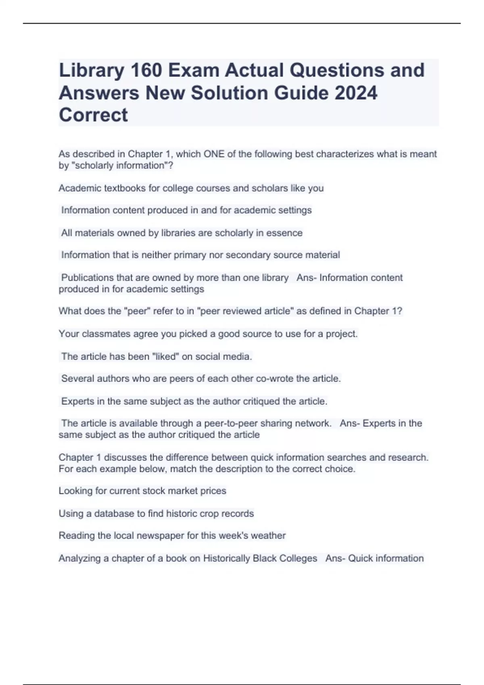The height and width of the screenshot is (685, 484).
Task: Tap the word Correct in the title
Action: [x=93, y=115]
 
